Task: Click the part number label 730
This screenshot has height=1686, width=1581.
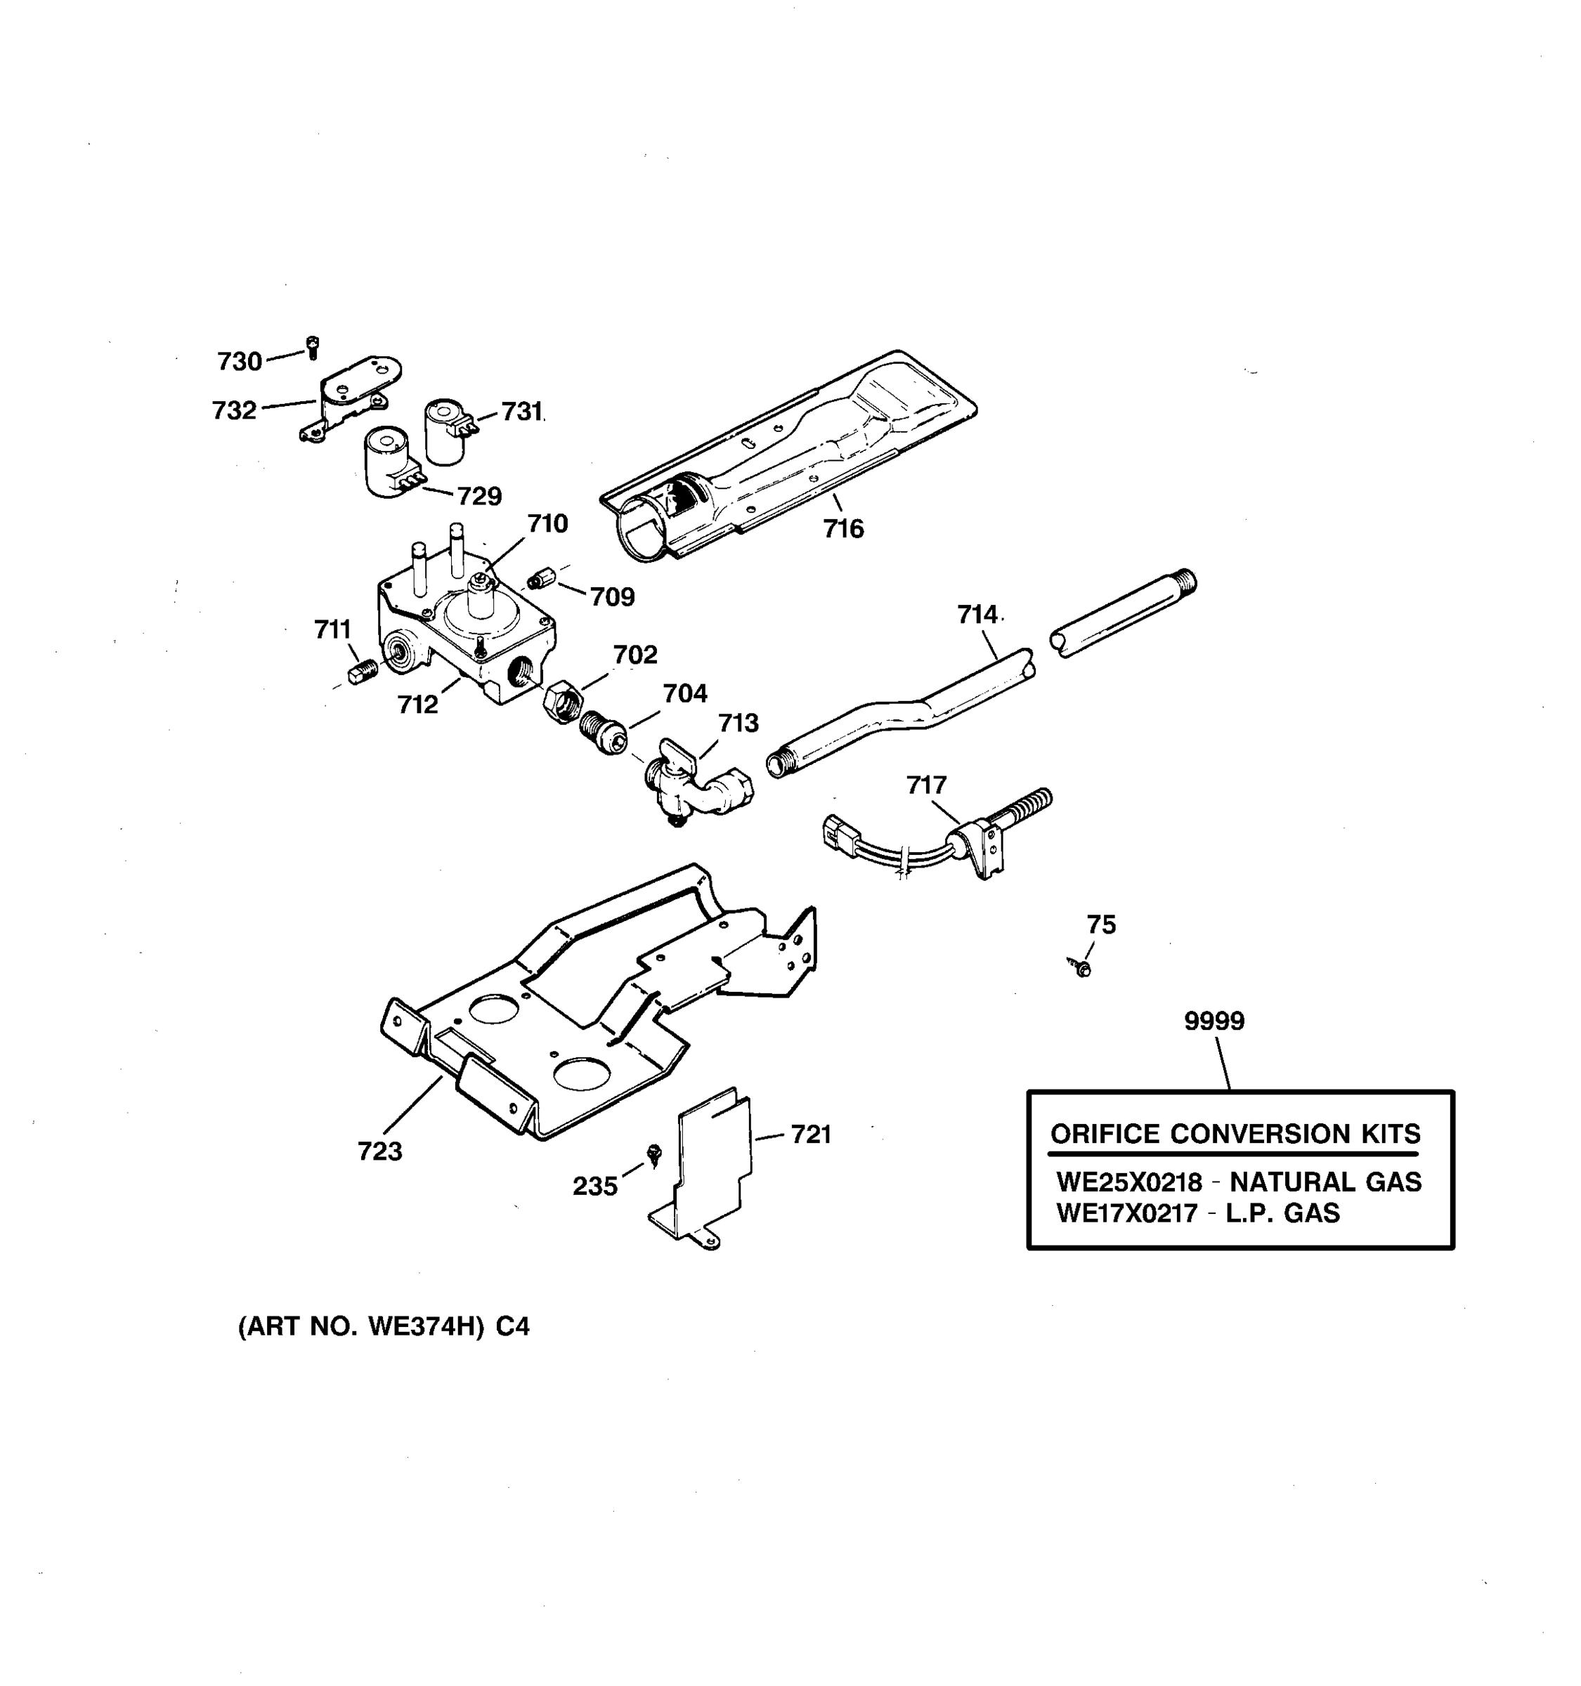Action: point(239,361)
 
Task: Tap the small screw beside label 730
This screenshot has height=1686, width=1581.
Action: point(312,346)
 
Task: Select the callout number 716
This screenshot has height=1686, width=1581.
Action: point(843,528)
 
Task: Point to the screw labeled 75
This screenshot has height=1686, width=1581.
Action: point(1080,966)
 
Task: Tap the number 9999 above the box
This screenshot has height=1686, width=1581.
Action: point(1214,1021)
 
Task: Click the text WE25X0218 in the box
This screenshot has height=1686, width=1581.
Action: point(1128,1182)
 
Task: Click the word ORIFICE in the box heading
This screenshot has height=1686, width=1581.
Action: point(1105,1134)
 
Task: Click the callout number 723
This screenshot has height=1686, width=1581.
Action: point(379,1151)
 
